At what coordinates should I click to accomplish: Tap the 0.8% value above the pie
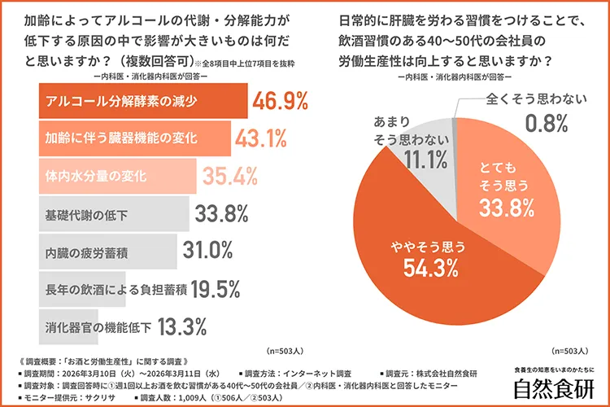pos(547,125)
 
